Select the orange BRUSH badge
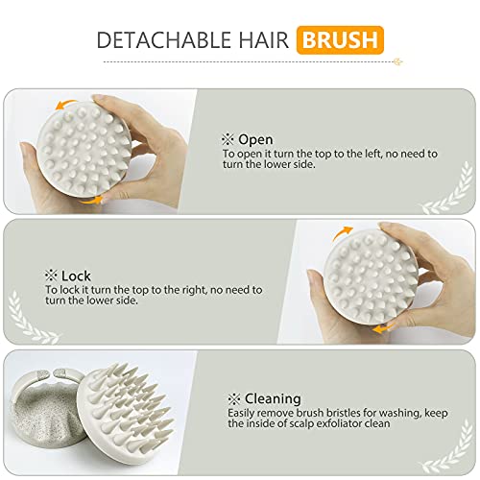coord(340,41)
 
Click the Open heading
coord(254,139)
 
